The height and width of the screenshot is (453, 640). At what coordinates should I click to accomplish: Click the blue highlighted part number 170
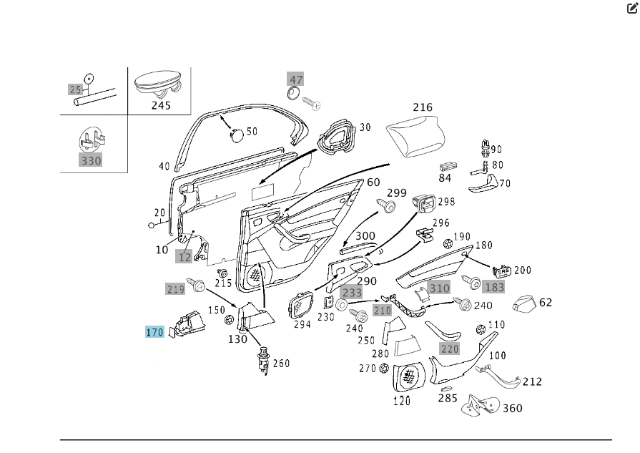click(x=155, y=332)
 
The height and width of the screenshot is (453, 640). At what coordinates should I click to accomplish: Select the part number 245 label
click(x=161, y=105)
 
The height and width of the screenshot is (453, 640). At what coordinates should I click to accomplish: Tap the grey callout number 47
click(x=295, y=79)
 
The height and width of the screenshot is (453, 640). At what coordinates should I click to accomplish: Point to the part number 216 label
click(x=423, y=107)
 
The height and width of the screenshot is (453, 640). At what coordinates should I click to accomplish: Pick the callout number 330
click(x=91, y=160)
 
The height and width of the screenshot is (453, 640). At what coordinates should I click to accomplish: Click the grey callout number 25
click(x=75, y=89)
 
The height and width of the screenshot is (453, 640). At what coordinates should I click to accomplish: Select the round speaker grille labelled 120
click(x=410, y=376)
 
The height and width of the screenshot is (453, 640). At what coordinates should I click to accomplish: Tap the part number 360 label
click(x=513, y=408)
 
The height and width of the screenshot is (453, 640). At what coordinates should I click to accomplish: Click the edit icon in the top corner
click(x=632, y=9)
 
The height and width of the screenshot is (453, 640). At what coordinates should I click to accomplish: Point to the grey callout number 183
click(x=494, y=287)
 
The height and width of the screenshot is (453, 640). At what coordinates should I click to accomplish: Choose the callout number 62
click(x=546, y=303)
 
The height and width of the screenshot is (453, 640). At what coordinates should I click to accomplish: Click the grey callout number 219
click(x=175, y=289)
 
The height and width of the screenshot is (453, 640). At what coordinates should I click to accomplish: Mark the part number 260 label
click(x=281, y=363)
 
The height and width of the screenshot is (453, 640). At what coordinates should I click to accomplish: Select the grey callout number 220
click(x=449, y=349)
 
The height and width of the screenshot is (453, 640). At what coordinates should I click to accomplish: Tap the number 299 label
click(x=397, y=193)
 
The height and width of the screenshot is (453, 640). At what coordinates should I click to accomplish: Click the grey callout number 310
click(x=440, y=288)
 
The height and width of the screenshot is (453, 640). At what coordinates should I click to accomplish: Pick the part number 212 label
click(x=532, y=381)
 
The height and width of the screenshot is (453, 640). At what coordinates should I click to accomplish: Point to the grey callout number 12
click(x=185, y=256)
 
